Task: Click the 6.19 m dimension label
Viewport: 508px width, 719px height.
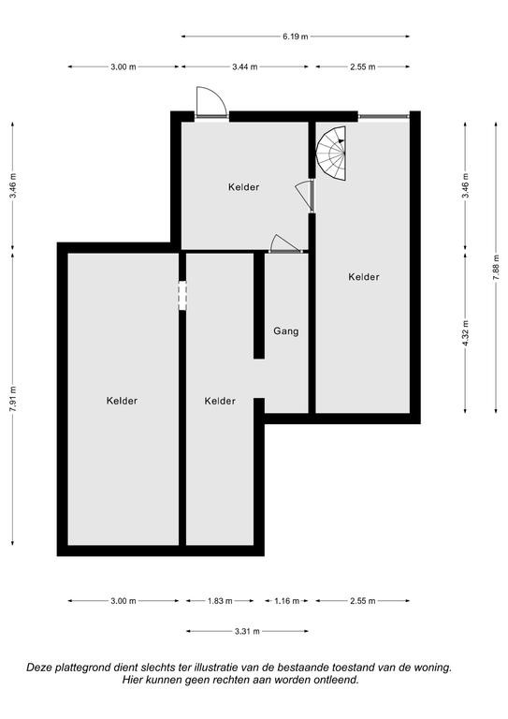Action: [x=296, y=37]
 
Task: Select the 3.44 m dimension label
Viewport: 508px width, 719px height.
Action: [x=244, y=67]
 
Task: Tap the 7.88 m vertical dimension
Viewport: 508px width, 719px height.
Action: [x=496, y=268]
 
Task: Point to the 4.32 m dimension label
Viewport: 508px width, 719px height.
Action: [x=465, y=334]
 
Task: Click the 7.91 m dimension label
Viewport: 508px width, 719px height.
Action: [x=13, y=399]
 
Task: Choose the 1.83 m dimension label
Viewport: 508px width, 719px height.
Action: [x=220, y=601]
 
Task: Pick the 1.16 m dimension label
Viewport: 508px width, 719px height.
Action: [x=287, y=601]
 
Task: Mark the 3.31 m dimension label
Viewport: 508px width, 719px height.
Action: [x=247, y=631]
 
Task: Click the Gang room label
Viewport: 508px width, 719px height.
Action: [x=286, y=330]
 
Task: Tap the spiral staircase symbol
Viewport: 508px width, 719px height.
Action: [x=331, y=154]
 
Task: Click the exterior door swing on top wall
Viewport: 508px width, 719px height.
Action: [x=210, y=102]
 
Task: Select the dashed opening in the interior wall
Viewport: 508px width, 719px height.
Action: [x=182, y=295]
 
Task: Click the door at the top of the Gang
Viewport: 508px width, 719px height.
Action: [x=285, y=244]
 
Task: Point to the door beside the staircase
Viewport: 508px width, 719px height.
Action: [x=304, y=196]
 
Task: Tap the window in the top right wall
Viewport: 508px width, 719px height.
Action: [x=384, y=116]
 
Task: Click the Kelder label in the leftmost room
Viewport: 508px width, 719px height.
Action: [x=122, y=401]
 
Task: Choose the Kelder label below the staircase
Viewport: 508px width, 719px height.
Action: [x=364, y=277]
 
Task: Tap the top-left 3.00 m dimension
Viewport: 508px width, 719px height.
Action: [x=123, y=67]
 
